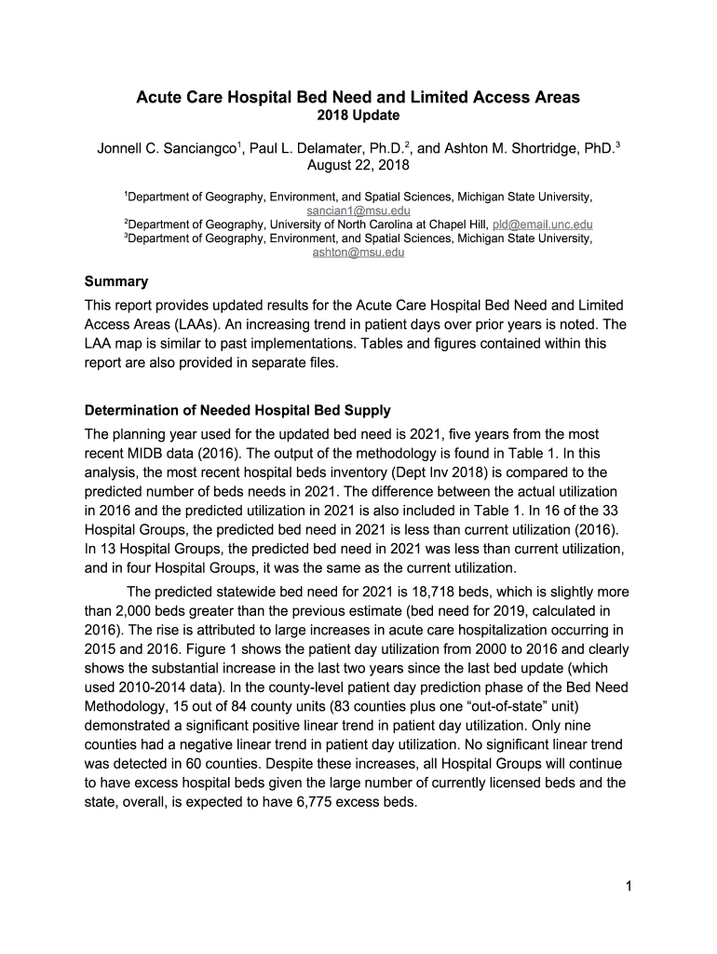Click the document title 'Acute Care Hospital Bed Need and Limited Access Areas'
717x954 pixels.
358,97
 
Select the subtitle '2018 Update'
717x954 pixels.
358,116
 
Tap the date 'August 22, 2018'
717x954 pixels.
358,166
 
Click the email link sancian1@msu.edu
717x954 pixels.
358,211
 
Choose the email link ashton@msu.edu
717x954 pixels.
358,252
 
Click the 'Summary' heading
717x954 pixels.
116,280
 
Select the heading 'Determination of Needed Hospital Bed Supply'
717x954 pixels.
237,410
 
